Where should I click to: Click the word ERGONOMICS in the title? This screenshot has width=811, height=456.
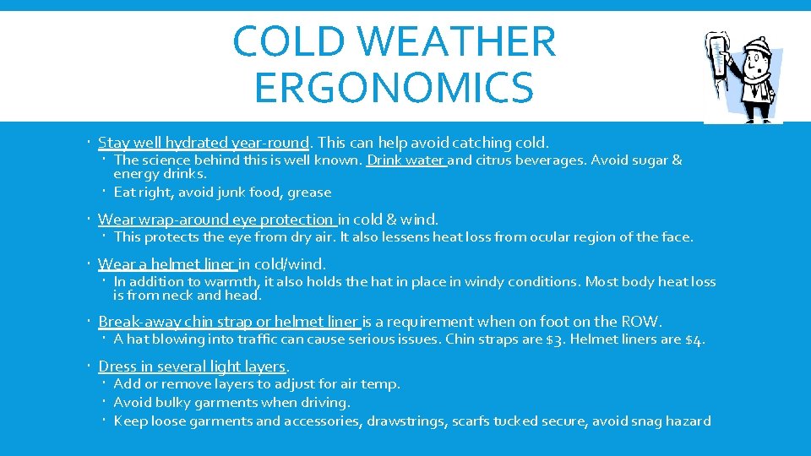click(x=394, y=87)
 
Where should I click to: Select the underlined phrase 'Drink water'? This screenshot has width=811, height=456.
click(x=405, y=160)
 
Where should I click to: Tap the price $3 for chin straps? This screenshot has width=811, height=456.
click(x=553, y=340)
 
